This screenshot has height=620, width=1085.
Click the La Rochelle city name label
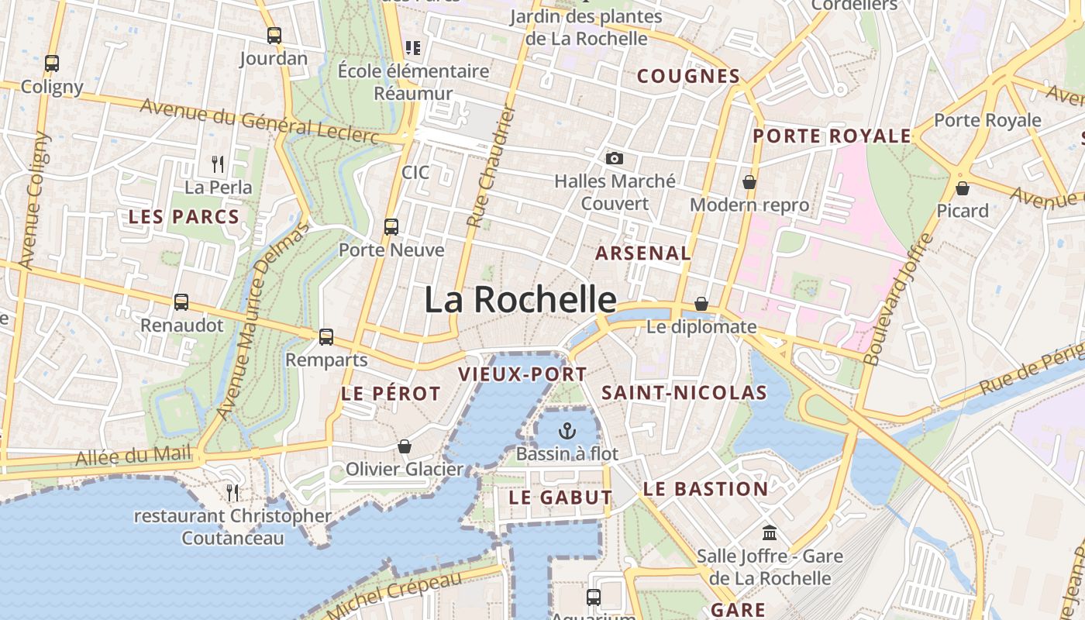pyautogui.click(x=520, y=300)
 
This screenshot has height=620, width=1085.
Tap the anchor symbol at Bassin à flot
pyautogui.click(x=567, y=430)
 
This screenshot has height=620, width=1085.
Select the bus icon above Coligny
pyautogui.click(x=52, y=64)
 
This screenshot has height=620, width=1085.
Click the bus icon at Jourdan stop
pyautogui.click(x=274, y=35)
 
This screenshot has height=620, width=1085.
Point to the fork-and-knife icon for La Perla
pyautogui.click(x=218, y=164)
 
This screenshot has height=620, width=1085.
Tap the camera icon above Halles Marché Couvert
pyautogui.click(x=614, y=158)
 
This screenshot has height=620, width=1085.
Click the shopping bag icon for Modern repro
pyautogui.click(x=749, y=182)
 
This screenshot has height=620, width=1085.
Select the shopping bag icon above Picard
pyautogui.click(x=963, y=188)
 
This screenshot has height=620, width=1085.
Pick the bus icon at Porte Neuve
pyautogui.click(x=391, y=227)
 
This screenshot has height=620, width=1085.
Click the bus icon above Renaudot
pyautogui.click(x=181, y=302)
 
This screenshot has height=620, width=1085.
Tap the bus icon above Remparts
pyautogui.click(x=326, y=337)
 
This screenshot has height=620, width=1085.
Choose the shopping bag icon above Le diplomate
pyautogui.click(x=701, y=304)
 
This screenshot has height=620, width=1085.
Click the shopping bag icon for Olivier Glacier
pyautogui.click(x=404, y=446)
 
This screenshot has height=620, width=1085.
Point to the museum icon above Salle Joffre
pyautogui.click(x=770, y=532)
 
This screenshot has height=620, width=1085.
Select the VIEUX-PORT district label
pyautogui.click(x=522, y=374)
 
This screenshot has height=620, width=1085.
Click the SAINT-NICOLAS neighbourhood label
pyautogui.click(x=684, y=393)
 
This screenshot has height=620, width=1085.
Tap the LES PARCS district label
pyautogui.click(x=184, y=217)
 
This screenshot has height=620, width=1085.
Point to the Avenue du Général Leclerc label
pyautogui.click(x=260, y=122)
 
